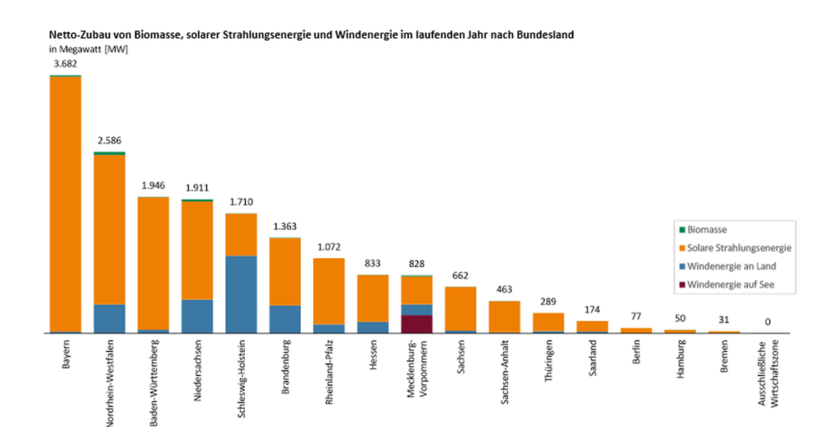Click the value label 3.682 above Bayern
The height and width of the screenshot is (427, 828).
pos(65,64)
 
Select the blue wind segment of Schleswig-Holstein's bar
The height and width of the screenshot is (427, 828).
pos(241,294)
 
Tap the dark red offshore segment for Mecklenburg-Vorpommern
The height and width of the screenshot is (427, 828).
pos(416,323)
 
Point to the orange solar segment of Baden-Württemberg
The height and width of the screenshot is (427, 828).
pos(153,263)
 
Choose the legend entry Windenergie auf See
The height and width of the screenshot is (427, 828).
pos(731,285)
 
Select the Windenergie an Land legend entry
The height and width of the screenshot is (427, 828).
pos(731,266)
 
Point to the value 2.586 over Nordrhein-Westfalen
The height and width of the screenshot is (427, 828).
pos(109,140)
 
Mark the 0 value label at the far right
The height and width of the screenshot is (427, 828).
pos(767,322)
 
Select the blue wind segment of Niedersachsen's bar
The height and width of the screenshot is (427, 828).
pos(197,316)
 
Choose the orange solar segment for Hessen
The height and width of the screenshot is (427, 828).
pos(373,298)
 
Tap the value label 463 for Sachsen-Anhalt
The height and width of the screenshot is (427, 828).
pos(505,289)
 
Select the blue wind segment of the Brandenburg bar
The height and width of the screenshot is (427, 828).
pos(285,319)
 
